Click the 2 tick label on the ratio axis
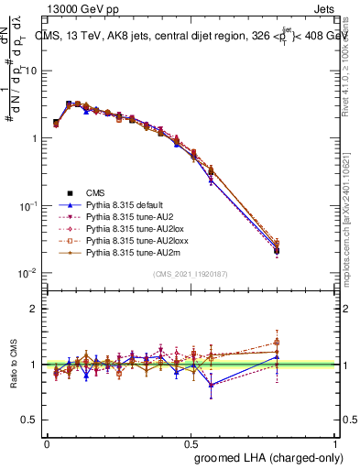[x=35, y=309]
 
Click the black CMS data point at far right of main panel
[x=303, y=250]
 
